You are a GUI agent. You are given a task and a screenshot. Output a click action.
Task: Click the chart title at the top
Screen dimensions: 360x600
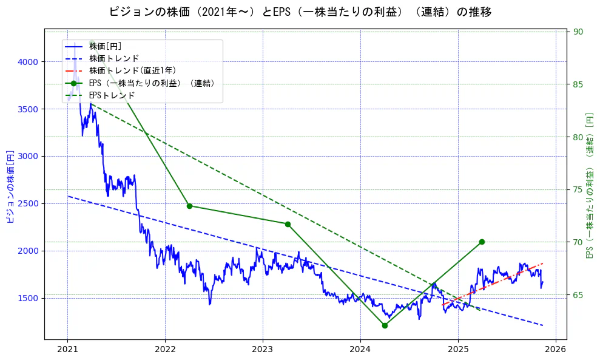(x=300, y=12)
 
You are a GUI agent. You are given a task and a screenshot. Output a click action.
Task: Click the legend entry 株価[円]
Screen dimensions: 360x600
(x=105, y=46)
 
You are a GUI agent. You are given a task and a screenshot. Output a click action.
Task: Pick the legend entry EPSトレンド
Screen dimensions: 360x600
(x=112, y=95)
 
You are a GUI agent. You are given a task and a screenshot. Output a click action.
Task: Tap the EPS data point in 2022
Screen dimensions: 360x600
(x=189, y=206)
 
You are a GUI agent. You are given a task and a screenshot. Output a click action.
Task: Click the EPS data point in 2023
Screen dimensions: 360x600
(x=288, y=224)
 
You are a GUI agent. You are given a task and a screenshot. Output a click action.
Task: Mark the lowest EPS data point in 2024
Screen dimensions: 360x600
(x=385, y=325)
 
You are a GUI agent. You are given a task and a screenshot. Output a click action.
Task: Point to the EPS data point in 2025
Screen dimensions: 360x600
(x=482, y=242)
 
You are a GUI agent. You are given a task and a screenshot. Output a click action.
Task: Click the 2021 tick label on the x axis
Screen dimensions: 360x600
(x=67, y=349)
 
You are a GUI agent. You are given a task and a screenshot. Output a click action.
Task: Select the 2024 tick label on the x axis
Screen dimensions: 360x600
(x=360, y=349)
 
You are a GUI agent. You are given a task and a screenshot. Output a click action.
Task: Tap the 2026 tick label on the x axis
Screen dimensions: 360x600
(x=556, y=349)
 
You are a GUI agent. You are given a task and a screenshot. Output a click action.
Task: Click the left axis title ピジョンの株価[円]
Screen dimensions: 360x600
(x=10, y=186)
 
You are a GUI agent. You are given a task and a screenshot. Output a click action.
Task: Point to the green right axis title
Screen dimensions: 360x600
(x=590, y=185)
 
